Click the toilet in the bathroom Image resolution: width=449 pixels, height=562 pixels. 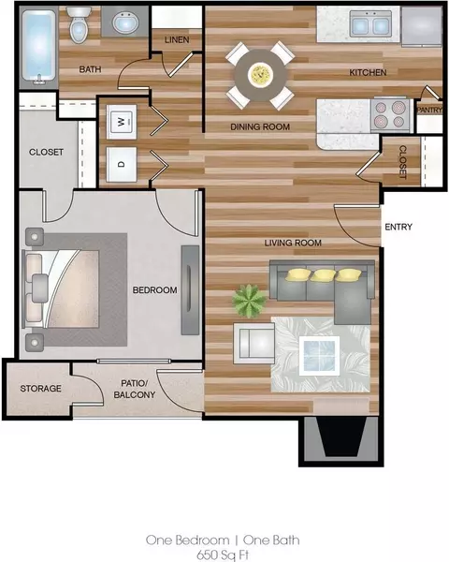[x=79, y=24]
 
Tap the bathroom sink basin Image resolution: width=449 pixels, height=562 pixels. [x=125, y=23]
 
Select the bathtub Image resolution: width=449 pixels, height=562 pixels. [x=38, y=47]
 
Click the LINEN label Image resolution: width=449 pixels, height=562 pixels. [x=177, y=39]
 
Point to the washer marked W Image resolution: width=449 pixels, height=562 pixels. [x=122, y=122]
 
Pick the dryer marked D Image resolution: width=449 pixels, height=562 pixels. [x=122, y=165]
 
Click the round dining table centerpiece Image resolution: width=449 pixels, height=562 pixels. [x=261, y=75]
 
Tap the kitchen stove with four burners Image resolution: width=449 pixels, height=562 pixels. [x=391, y=114]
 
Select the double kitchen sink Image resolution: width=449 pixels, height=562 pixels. [x=370, y=24]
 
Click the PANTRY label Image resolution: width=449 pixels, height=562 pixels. [x=429, y=110]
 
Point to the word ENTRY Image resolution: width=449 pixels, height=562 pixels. [x=398, y=227]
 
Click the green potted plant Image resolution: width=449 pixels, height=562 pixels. [x=249, y=301]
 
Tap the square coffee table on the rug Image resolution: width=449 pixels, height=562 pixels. [x=319, y=356]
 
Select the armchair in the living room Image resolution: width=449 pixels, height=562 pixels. [x=254, y=344]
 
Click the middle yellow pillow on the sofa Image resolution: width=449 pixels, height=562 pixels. [x=323, y=275]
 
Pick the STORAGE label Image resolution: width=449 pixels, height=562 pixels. [x=40, y=389]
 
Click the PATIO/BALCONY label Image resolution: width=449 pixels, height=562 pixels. [x=135, y=389]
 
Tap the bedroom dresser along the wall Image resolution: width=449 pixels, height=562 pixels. [x=190, y=290]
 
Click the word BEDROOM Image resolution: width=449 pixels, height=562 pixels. [x=154, y=290]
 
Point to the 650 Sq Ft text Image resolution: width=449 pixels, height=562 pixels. [x=223, y=555]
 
